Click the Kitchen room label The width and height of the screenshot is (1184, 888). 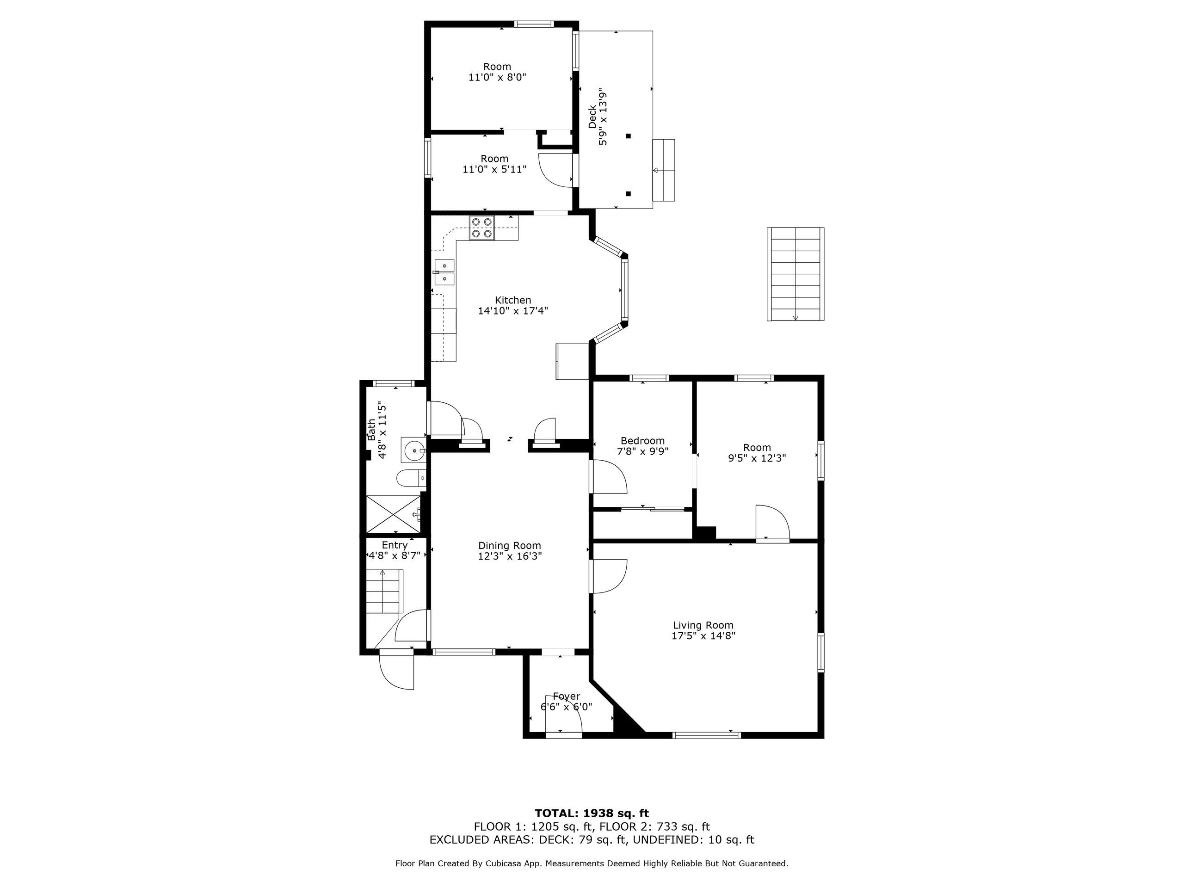click(x=513, y=300)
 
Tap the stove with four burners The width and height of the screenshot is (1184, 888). click(x=482, y=228)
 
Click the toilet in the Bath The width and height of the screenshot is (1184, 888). click(x=411, y=478)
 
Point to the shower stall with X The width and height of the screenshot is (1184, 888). click(x=394, y=515)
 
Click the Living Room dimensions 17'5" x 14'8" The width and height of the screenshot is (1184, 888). click(x=703, y=636)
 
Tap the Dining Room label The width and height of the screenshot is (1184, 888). click(x=510, y=545)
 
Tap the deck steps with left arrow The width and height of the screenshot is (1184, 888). click(x=664, y=170)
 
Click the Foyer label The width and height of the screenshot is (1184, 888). click(x=566, y=697)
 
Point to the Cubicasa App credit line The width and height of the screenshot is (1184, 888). click(x=592, y=863)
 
